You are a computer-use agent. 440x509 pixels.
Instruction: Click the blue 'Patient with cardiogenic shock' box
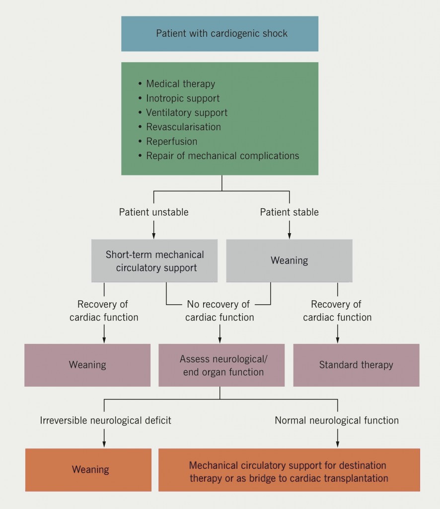pos(220,34)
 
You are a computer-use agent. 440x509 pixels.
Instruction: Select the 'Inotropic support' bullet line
pos(183,98)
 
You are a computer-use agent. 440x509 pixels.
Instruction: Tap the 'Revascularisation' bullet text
pos(183,127)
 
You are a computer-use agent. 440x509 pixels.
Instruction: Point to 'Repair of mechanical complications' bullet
pos(222,156)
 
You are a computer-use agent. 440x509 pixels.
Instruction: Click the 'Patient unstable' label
pos(153,212)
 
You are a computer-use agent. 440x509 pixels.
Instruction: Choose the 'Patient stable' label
pos(290,212)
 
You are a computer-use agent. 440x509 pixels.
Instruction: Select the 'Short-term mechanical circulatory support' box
pos(154,261)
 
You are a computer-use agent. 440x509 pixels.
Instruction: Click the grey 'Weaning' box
pos(289,260)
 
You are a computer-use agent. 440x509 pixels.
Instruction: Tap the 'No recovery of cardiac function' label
pos(220,311)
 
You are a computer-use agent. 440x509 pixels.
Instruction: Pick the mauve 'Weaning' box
pos(87,365)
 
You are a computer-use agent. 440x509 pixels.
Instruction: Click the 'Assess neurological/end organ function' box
pos(221,365)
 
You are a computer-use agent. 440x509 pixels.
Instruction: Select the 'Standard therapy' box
pos(356,365)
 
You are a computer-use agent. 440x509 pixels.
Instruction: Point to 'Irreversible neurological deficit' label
pos(105,421)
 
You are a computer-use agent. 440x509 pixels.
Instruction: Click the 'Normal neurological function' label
pos(337,421)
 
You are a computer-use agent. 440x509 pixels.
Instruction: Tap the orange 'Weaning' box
pos(90,470)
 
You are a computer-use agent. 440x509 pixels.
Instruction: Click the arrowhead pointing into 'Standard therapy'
pos(338,340)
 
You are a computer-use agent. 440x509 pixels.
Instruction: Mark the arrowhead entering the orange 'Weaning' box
pos(104,445)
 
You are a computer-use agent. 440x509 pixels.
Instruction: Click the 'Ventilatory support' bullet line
pos(187,113)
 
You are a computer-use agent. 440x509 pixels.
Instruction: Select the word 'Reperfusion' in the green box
pos(171,142)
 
